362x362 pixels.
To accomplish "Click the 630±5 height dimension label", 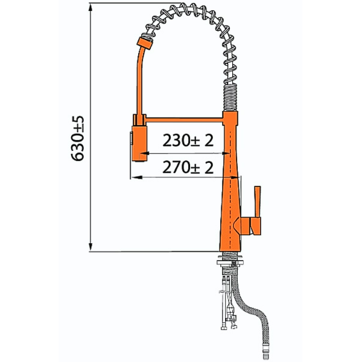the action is click(x=78, y=139).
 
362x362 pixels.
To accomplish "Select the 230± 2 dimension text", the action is click(x=188, y=141).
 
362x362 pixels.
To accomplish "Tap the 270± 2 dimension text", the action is click(x=188, y=167).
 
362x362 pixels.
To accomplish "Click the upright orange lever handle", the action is click(x=258, y=202).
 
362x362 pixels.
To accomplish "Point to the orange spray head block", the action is click(x=139, y=144).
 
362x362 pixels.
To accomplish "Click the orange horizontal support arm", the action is click(x=184, y=120).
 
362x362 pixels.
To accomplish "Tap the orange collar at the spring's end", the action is click(x=145, y=43).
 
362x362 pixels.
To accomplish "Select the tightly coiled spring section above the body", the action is click(x=230, y=98).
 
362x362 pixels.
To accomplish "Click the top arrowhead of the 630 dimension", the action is click(x=91, y=7).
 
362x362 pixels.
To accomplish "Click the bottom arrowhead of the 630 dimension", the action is click(x=91, y=247).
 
